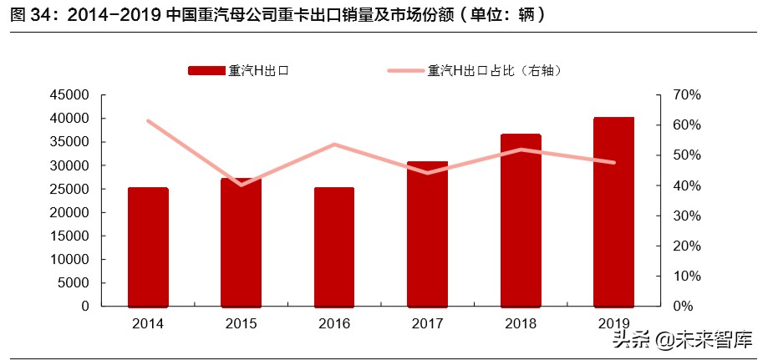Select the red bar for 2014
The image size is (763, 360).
click(x=148, y=247)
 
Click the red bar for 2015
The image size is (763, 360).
click(x=241, y=242)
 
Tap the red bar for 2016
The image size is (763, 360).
click(x=334, y=247)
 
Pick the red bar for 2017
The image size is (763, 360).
click(x=428, y=234)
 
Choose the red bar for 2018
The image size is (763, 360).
click(x=521, y=221)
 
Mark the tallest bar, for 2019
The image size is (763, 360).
click(x=614, y=212)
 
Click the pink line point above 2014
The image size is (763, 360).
click(x=148, y=121)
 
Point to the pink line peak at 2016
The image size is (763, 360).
click(x=334, y=145)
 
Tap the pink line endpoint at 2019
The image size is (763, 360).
click(x=614, y=163)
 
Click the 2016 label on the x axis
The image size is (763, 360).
click(x=334, y=323)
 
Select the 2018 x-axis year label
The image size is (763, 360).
click(x=521, y=323)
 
